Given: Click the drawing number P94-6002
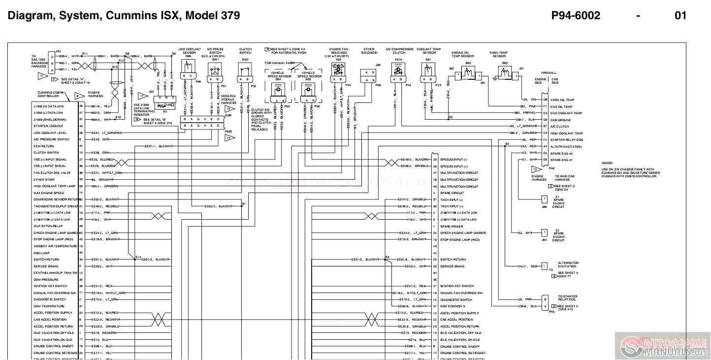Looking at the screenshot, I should click(x=576, y=15).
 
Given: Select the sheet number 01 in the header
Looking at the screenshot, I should click(x=680, y=15).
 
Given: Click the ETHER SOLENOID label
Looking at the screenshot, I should click(x=368, y=51).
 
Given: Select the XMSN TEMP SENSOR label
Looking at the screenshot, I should click(x=498, y=54).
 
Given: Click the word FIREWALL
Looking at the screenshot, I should click(x=549, y=72).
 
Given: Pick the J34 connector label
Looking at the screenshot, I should click(x=58, y=51).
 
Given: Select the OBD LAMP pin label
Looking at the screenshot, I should click(x=41, y=253).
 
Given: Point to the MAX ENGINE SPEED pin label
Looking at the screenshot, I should click(x=49, y=193).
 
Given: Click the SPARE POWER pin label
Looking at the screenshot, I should click(x=452, y=226).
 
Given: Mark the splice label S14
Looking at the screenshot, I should click(x=138, y=257).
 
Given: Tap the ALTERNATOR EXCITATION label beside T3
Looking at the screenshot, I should click(x=568, y=265).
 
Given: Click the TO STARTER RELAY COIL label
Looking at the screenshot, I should click(x=567, y=298).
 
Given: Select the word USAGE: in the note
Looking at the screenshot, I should click(x=608, y=163).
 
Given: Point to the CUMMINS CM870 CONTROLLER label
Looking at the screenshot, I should click(x=51, y=94).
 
